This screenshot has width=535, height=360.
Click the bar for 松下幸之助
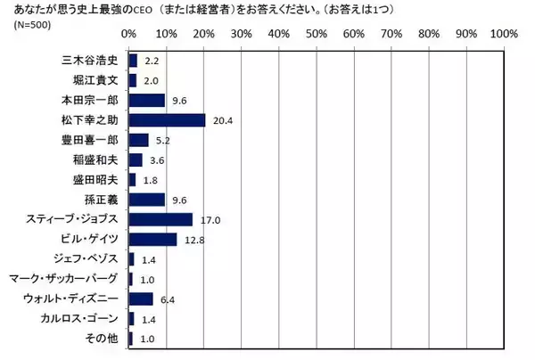click(x=167, y=119)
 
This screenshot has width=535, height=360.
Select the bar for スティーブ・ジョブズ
click(x=160, y=219)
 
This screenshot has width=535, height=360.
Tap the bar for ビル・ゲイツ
click(x=152, y=239)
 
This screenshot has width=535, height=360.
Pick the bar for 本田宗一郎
click(x=147, y=100)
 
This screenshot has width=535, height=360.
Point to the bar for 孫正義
click(x=147, y=199)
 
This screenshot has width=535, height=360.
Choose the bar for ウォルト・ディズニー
click(x=141, y=299)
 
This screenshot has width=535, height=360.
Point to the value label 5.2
click(x=163, y=140)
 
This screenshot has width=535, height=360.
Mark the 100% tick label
click(x=504, y=34)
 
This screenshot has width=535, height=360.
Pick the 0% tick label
click(x=128, y=34)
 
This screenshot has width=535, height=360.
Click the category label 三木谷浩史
click(x=89, y=61)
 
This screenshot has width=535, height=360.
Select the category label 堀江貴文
click(x=95, y=80)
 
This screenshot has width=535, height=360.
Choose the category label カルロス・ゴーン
click(x=79, y=318)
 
